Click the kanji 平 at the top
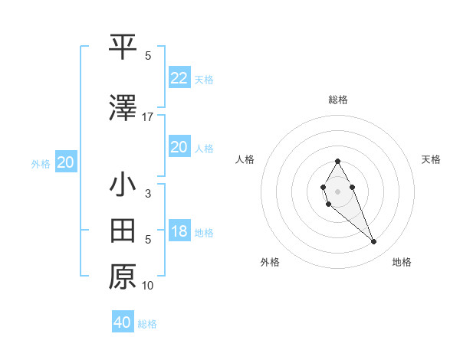pos(123,47)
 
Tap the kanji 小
pos(123,186)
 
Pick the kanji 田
pos(123,229)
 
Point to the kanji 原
pos(123,276)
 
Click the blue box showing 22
pos(179,77)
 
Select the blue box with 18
pos(179,231)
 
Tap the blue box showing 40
pos(123,322)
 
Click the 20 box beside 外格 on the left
pos(65,162)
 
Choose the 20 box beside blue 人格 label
pos(179,147)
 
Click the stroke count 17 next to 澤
pos(148,116)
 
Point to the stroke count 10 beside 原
pos(148,286)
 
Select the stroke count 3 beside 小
pos(148,194)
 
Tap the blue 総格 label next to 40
pos(147,324)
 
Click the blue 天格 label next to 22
pos(204,79)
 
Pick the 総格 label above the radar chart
pos(337,100)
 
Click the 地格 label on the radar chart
pos(402,262)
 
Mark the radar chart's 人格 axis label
pos(245,159)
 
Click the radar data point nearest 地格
pos(373,242)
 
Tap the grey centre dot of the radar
pos(337,190)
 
